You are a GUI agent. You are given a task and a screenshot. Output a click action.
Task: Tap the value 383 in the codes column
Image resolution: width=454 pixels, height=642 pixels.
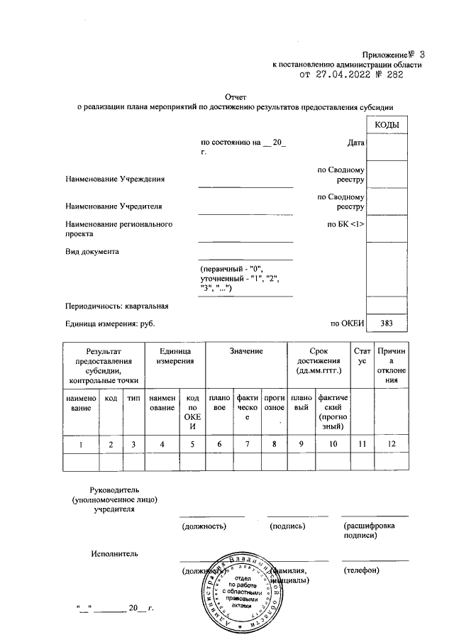click(386, 324)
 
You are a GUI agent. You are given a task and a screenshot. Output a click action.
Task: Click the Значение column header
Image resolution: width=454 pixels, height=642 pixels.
click(246, 351)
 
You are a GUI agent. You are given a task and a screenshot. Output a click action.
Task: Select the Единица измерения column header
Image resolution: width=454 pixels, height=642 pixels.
click(175, 356)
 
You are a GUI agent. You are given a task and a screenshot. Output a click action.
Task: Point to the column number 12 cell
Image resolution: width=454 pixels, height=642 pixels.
click(392, 444)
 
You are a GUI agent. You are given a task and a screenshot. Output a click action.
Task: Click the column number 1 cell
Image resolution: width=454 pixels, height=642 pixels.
click(81, 444)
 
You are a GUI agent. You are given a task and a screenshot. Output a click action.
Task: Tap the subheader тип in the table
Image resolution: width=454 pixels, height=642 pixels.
click(133, 399)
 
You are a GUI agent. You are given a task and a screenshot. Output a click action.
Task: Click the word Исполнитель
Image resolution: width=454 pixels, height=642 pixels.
click(114, 553)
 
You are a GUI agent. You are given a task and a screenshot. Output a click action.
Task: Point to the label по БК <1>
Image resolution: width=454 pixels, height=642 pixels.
click(345, 225)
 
